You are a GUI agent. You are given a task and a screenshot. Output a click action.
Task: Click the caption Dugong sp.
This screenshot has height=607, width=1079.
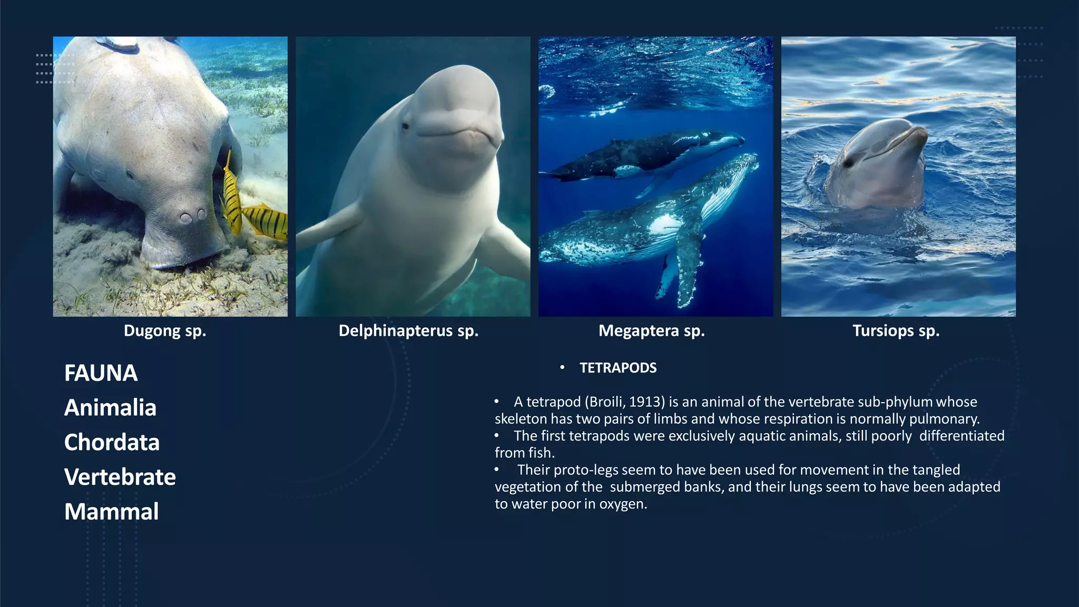(165, 331)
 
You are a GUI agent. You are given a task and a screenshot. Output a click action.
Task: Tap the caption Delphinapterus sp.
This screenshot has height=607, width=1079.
(408, 331)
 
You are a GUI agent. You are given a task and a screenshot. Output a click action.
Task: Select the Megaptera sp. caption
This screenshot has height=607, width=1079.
(651, 331)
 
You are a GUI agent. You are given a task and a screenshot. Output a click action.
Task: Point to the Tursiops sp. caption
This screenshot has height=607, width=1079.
(896, 331)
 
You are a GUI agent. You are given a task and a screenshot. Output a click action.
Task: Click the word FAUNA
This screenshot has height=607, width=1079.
(101, 373)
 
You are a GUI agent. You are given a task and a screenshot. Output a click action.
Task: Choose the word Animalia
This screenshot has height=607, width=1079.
(110, 408)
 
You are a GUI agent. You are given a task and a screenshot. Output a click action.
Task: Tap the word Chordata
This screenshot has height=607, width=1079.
(112, 443)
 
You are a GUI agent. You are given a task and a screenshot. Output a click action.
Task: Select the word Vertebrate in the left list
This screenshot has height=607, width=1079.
(120, 477)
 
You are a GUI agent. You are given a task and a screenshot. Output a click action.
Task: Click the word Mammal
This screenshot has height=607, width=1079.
(111, 512)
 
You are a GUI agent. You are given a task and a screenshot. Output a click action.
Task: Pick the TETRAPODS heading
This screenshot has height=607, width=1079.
(618, 368)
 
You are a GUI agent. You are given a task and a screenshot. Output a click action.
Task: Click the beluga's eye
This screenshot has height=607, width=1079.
(405, 126)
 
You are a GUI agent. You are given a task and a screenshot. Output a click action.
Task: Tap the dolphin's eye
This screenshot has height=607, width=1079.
(848, 163)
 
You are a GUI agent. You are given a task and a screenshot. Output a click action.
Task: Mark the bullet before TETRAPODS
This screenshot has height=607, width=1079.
(562, 368)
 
